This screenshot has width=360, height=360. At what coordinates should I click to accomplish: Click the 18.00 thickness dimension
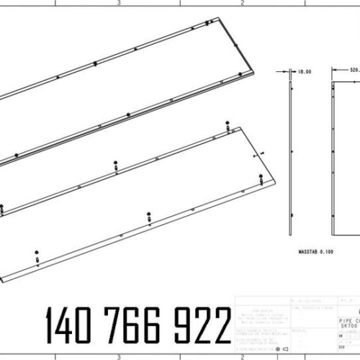[x=303, y=72]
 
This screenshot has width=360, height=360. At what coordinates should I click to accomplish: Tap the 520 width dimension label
[x=354, y=70]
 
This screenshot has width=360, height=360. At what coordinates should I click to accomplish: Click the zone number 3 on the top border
[x=118, y=3]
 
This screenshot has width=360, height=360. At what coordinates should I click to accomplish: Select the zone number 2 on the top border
[x=243, y=3]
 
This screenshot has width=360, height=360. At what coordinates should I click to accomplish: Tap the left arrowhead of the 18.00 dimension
[x=289, y=72]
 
